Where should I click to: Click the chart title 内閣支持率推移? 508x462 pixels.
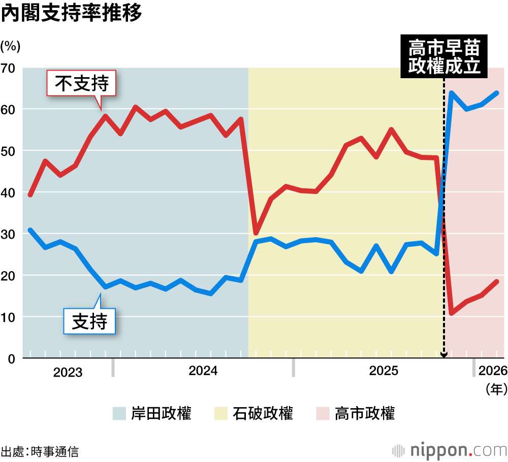point(71,14)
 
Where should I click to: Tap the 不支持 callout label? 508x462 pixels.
point(82,83)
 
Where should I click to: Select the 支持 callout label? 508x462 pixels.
point(89,321)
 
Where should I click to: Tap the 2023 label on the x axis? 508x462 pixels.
point(68,373)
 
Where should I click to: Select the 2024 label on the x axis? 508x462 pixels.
point(203,371)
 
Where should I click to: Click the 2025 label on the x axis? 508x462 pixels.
point(384,371)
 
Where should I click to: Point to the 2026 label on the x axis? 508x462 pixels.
point(492,371)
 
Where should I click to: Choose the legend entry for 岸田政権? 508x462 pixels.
point(152,413)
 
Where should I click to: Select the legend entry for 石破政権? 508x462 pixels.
point(253,413)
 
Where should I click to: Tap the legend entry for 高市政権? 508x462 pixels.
point(355,413)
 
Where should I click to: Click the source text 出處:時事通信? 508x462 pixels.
point(40,451)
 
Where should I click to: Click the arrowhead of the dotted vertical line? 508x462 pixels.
point(444,355)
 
